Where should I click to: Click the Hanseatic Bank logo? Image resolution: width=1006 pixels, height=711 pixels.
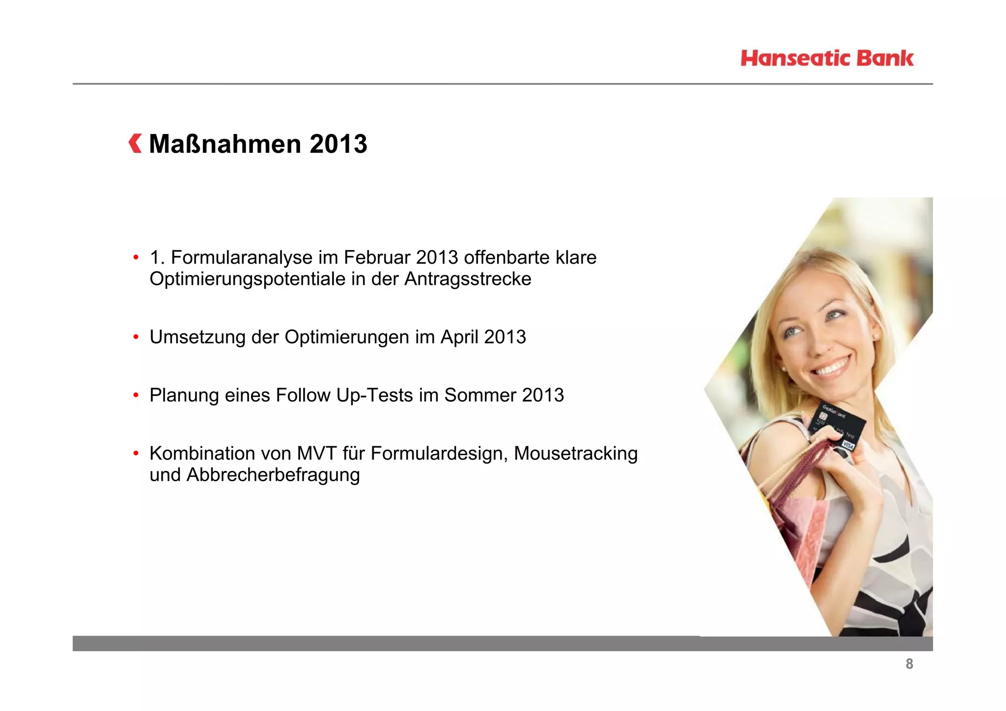827,58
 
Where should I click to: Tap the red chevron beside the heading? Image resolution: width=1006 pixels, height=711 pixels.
135,143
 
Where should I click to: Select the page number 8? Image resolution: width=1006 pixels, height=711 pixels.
909,664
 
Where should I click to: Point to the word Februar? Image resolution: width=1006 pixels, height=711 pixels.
377,258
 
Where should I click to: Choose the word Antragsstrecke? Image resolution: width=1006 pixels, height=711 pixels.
468,279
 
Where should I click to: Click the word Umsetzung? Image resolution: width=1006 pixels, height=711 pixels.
197,337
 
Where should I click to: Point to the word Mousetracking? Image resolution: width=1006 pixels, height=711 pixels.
576,454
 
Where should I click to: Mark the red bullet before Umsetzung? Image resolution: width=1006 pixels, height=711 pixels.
136,337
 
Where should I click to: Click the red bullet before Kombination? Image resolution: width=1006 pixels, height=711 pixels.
136,454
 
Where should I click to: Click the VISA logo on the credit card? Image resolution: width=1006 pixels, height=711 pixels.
848,445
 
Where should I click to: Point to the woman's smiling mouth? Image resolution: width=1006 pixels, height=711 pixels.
833,367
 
